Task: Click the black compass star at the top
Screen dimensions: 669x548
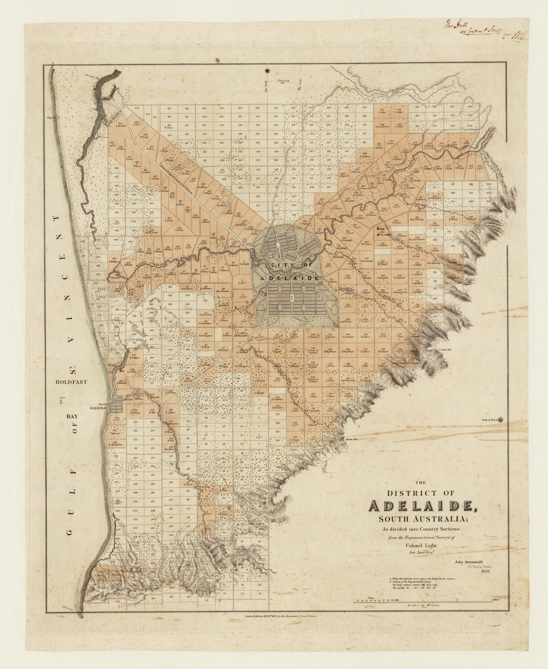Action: tap(267, 71)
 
